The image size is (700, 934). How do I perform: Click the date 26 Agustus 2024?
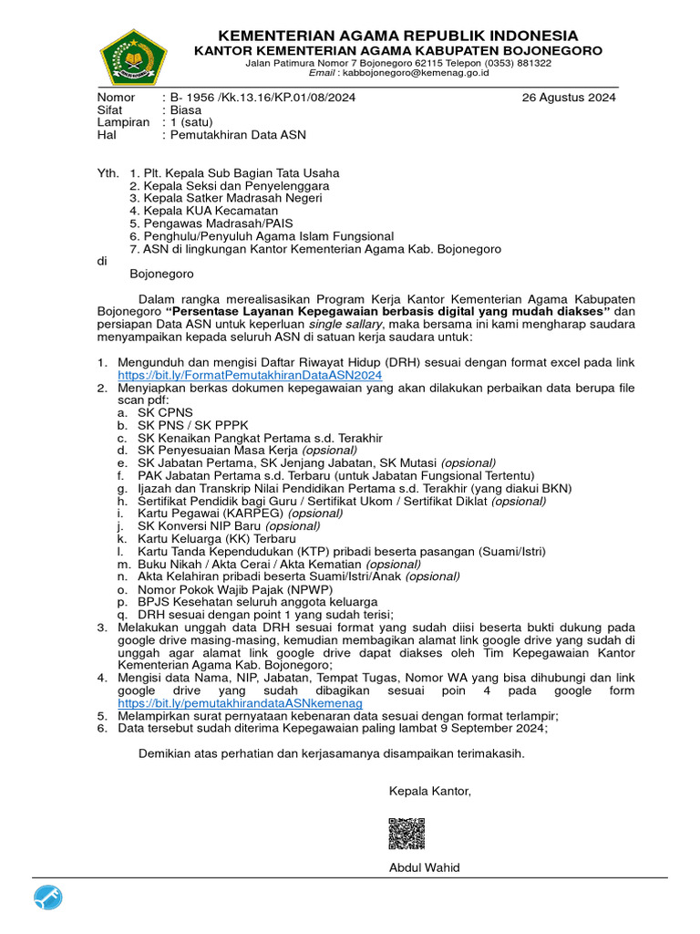[x=569, y=98]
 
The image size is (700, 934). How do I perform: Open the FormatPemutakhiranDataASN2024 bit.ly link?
[x=250, y=375]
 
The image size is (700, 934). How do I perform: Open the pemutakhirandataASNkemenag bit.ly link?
[x=240, y=704]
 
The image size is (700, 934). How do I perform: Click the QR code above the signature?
[x=407, y=834]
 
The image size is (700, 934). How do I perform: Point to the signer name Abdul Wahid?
[x=424, y=867]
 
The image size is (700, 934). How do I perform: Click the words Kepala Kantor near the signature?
[x=430, y=790]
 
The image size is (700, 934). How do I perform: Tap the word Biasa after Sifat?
[x=187, y=109]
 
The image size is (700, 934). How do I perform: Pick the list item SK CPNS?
[x=165, y=411]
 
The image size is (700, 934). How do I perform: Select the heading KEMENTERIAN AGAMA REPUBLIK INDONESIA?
[x=397, y=35]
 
